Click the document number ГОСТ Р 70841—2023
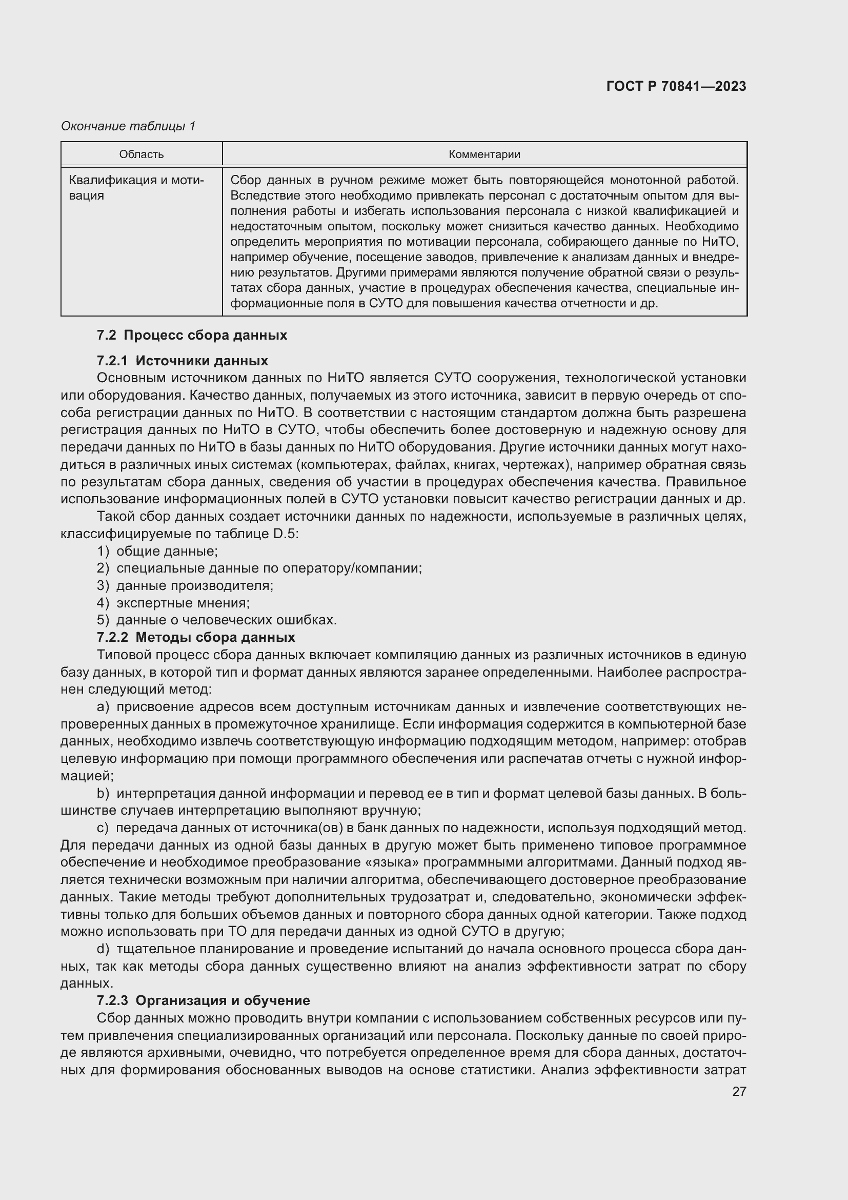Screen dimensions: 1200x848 [676, 86]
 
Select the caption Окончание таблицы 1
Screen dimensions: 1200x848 [128, 126]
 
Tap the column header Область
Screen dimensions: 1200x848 [141, 154]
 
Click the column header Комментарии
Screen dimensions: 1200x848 [484, 154]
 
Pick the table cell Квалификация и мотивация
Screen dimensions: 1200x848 [137, 188]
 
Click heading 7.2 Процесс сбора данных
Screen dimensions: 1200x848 [192, 335]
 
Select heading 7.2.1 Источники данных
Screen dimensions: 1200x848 [182, 361]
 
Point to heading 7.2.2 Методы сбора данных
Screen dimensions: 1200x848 [196, 637]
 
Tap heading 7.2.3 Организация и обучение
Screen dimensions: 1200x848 [203, 1000]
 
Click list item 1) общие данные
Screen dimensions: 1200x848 [157, 551]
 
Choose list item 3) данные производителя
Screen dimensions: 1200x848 [185, 585]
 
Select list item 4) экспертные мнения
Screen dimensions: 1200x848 [173, 603]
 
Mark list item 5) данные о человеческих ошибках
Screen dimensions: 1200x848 [217, 620]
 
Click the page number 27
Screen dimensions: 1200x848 [739, 1091]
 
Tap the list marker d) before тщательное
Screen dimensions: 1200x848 [103, 949]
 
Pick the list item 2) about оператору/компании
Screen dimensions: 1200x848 [259, 568]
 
